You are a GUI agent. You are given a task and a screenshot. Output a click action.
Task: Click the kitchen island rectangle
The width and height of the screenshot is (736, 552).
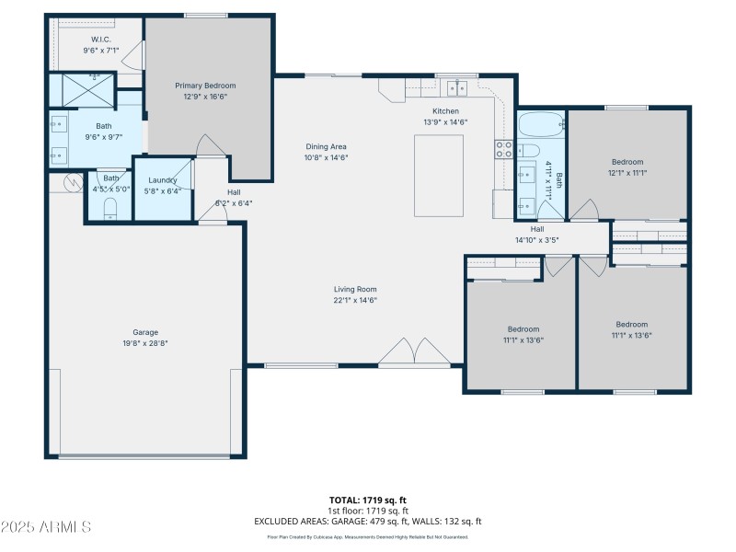pyautogui.click(x=438, y=175)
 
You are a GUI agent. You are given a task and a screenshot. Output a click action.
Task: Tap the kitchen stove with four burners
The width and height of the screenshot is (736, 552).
pyautogui.click(x=504, y=149)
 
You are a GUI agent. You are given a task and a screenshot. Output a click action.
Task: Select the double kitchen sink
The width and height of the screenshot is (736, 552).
pyautogui.click(x=456, y=88)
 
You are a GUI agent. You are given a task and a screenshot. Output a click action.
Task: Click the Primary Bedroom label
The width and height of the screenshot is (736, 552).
pyautogui.click(x=201, y=86)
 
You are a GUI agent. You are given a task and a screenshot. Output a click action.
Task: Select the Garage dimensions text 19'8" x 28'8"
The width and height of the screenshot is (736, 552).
pyautogui.click(x=145, y=342)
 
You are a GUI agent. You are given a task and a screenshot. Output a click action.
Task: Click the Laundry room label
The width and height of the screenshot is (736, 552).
pyautogui.click(x=162, y=180)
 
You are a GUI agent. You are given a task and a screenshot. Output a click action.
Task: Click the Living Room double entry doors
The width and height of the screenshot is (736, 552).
pyautogui.click(x=415, y=351)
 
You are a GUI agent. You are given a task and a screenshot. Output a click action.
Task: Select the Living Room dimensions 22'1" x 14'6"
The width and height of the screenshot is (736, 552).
pyautogui.click(x=355, y=299)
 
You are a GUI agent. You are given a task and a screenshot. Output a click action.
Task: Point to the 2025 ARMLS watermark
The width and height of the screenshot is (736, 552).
pyautogui.click(x=46, y=527)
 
